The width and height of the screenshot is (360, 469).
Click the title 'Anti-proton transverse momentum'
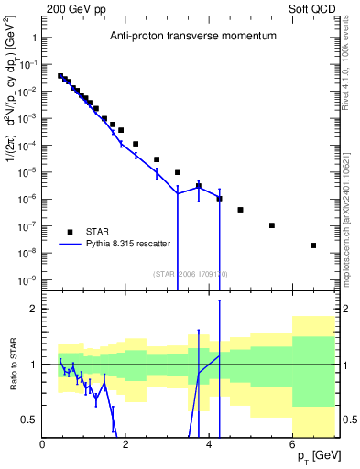[x=191, y=36]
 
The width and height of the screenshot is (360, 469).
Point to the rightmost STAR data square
[x=314, y=245]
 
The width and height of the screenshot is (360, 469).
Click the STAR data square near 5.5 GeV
[x=272, y=225]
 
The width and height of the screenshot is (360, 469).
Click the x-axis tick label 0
[x=43, y=444]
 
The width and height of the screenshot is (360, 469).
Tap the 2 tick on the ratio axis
[x=33, y=309]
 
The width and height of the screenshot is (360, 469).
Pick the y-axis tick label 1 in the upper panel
[x=33, y=38]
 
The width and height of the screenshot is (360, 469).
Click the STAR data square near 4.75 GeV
[x=240, y=210]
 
